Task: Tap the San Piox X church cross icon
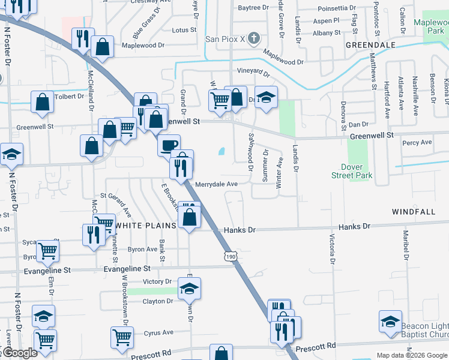pyautogui.click(x=254, y=39)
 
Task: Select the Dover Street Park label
pyautogui.click(x=352, y=171)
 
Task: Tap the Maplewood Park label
pyautogui.click(x=432, y=26)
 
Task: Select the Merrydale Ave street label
pyautogui.click(x=215, y=184)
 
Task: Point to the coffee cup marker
pyautogui.click(x=169, y=145)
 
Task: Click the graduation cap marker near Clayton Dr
pyautogui.click(x=189, y=289)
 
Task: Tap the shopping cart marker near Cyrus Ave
pyautogui.click(x=122, y=338)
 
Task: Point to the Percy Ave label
pyautogui.click(x=417, y=143)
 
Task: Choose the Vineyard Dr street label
pyautogui.click(x=253, y=71)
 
